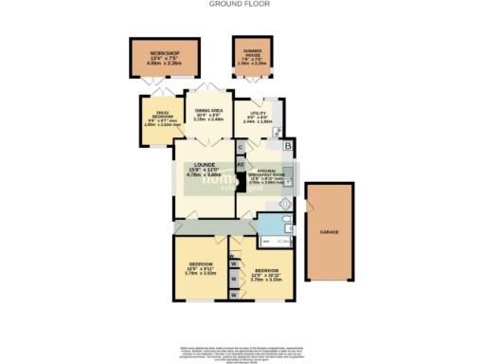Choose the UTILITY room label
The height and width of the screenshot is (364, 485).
[x=258, y=113]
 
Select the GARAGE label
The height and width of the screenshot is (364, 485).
[x=330, y=231]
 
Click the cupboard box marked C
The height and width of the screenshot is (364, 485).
[x=241, y=147]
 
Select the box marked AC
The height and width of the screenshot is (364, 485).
[x=241, y=163]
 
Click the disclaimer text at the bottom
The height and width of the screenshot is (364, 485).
[x=242, y=351]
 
